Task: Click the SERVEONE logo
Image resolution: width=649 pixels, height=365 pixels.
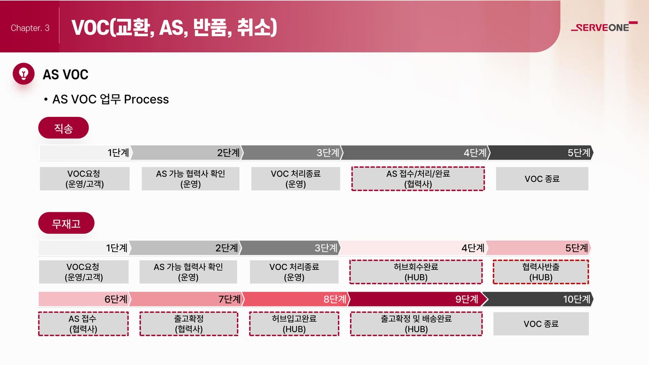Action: pyautogui.click(x=604, y=27)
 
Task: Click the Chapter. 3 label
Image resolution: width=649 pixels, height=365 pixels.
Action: pyautogui.click(x=30, y=28)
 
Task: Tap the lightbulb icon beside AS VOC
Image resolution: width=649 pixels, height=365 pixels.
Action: pyautogui.click(x=24, y=74)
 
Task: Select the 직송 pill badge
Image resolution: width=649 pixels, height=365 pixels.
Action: pyautogui.click(x=64, y=128)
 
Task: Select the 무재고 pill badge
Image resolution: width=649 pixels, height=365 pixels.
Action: pyautogui.click(x=66, y=223)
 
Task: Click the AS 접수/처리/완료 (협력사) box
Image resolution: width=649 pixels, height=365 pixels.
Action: pyautogui.click(x=418, y=179)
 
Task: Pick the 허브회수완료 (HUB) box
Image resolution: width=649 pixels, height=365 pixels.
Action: pyautogui.click(x=416, y=272)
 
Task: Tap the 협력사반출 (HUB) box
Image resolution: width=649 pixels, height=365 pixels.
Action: pyautogui.click(x=541, y=272)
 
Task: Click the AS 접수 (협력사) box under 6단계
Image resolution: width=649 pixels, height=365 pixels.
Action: pyautogui.click(x=83, y=324)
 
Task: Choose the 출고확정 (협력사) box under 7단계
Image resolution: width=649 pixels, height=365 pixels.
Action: pyautogui.click(x=189, y=324)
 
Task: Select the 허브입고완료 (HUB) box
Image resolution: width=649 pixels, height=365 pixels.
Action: pyautogui.click(x=294, y=324)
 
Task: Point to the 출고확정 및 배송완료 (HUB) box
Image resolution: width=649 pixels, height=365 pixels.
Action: pyautogui.click(x=416, y=324)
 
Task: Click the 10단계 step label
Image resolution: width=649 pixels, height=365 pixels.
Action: pyautogui.click(x=576, y=299)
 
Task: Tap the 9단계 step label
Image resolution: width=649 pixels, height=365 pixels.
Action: pyautogui.click(x=466, y=299)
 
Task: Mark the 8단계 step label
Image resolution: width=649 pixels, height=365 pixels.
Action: pyautogui.click(x=335, y=299)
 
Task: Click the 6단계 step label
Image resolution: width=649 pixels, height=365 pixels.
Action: pyautogui.click(x=116, y=299)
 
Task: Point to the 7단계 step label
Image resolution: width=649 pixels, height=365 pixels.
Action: pyautogui.click(x=229, y=299)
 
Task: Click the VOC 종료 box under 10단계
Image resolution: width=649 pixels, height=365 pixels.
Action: pyautogui.click(x=541, y=324)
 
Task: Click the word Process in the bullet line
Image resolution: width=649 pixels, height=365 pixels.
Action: pyautogui.click(x=146, y=99)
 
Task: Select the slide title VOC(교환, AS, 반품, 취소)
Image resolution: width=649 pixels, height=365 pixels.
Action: pyautogui.click(x=174, y=28)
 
